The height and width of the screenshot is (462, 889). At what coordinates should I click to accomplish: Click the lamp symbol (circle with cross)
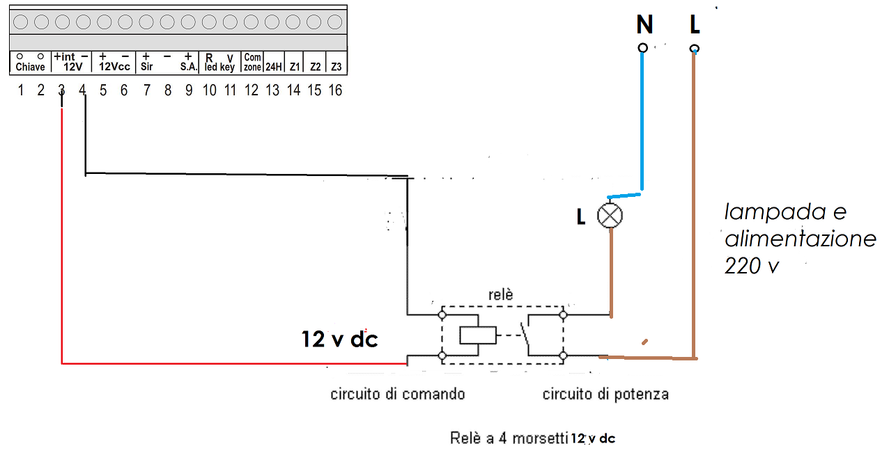pyautogui.click(x=610, y=216)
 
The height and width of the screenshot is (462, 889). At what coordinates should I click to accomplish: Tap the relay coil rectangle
pyautogui.click(x=478, y=335)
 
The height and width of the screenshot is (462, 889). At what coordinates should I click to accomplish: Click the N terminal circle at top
pyautogui.click(x=643, y=47)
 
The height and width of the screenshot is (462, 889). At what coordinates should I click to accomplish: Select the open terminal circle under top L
pyautogui.click(x=694, y=48)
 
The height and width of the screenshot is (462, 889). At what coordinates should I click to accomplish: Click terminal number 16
pyautogui.click(x=335, y=90)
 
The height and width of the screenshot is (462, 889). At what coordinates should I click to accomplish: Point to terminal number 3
pyautogui.click(x=61, y=90)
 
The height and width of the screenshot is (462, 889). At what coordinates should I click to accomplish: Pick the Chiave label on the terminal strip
pyautogui.click(x=31, y=67)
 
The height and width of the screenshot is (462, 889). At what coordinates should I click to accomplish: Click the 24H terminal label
pyautogui.click(x=273, y=67)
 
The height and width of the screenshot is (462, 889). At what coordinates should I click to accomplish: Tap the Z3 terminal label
pyautogui.click(x=337, y=67)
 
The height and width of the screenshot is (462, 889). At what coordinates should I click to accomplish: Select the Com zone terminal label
pyautogui.click(x=252, y=63)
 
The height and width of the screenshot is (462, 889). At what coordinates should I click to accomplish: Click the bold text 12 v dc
pyautogui.click(x=339, y=339)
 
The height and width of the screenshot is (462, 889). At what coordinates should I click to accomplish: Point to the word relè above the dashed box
pyautogui.click(x=500, y=295)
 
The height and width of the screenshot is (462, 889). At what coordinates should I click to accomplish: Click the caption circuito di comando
pyautogui.click(x=397, y=395)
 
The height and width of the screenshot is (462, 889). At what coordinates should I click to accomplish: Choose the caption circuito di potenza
pyautogui.click(x=605, y=395)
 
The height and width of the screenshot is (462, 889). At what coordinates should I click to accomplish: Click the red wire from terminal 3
pyautogui.click(x=209, y=363)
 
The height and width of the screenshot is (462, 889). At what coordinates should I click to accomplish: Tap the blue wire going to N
pyautogui.click(x=642, y=125)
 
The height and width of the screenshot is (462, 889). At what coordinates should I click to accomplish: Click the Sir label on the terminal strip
pyautogui.click(x=146, y=67)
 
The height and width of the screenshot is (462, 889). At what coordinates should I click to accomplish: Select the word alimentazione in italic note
pyautogui.click(x=800, y=239)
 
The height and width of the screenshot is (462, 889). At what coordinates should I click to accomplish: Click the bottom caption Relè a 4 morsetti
pyautogui.click(x=509, y=438)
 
